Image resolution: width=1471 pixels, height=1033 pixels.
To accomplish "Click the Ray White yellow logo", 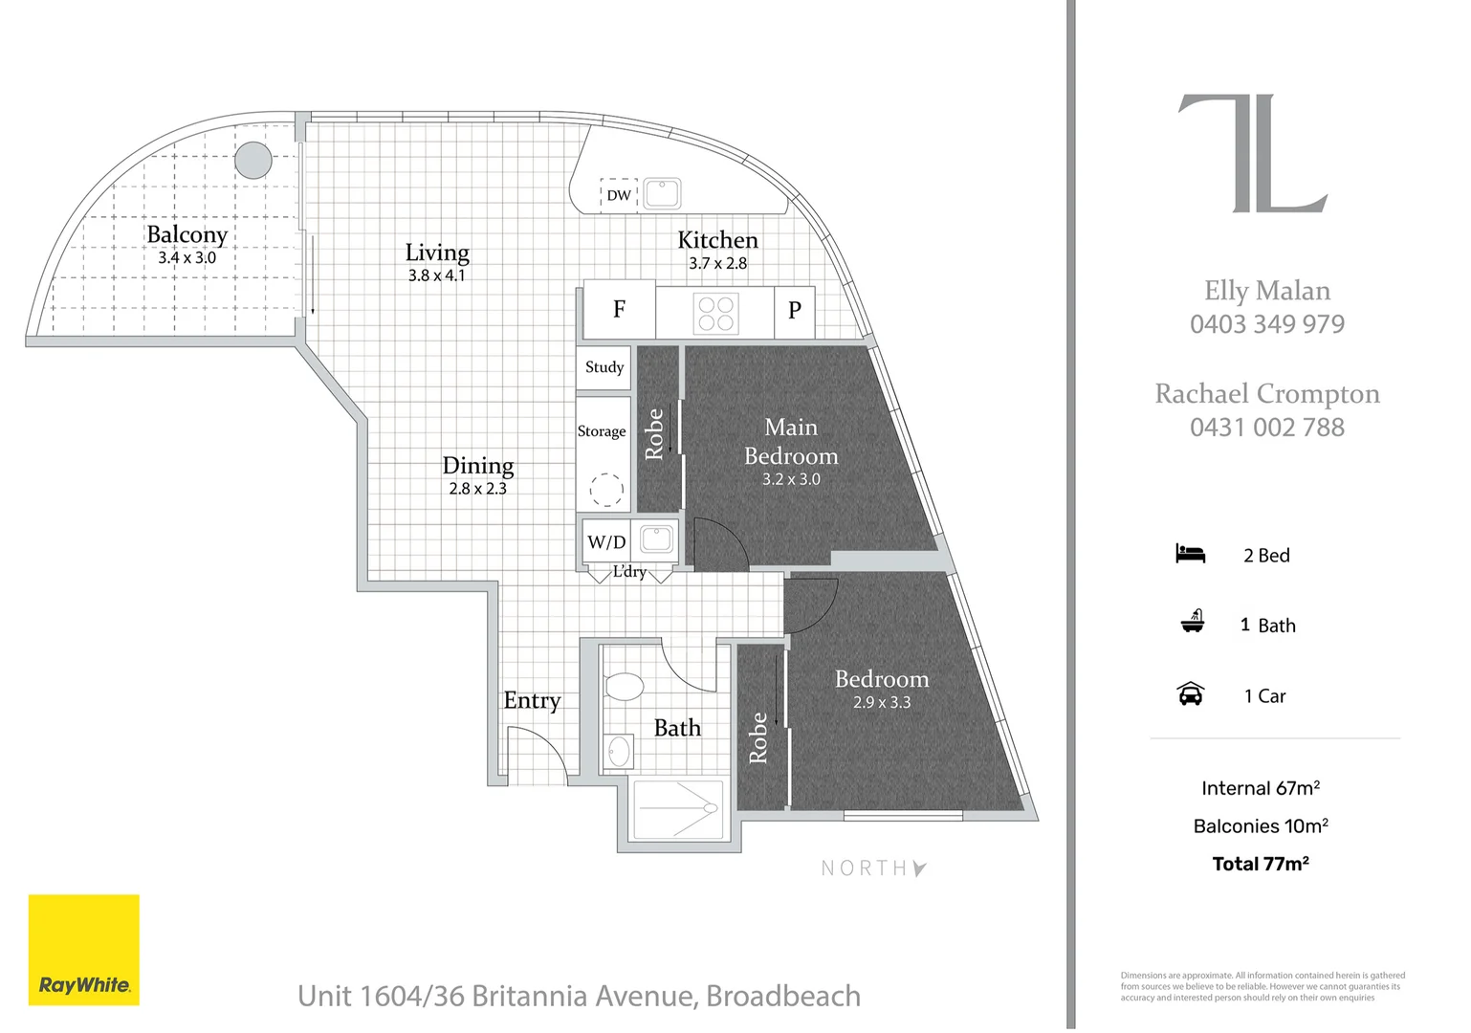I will click(84, 950).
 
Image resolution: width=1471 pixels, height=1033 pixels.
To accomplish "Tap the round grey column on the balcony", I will click(253, 161).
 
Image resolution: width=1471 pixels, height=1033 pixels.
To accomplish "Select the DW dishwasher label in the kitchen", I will click(619, 195).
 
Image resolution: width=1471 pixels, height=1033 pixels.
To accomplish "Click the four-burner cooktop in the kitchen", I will click(715, 313).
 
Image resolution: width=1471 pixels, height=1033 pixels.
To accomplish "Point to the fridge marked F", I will click(619, 310).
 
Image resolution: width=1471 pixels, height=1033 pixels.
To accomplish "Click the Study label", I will click(604, 367).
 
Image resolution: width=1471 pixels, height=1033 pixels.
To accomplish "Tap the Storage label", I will click(602, 431).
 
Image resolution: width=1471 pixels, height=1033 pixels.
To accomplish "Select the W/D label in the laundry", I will click(606, 542).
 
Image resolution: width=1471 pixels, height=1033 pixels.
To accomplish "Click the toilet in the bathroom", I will click(624, 686).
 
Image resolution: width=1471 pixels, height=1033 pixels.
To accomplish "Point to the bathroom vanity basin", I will click(619, 752).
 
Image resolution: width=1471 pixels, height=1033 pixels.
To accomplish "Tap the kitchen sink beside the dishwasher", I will click(661, 193).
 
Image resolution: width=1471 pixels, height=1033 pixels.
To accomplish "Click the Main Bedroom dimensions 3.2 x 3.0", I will click(791, 479).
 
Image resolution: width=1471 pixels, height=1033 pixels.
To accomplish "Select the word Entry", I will click(532, 701).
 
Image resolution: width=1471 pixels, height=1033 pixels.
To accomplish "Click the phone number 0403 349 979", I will click(1266, 324).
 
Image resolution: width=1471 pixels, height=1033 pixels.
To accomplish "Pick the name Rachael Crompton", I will click(1266, 394).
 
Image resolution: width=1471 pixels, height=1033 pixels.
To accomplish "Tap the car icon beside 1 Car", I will click(1190, 694).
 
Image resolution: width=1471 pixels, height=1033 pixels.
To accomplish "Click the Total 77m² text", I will click(1260, 864).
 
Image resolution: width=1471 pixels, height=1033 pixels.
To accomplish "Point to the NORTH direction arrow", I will click(919, 868).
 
